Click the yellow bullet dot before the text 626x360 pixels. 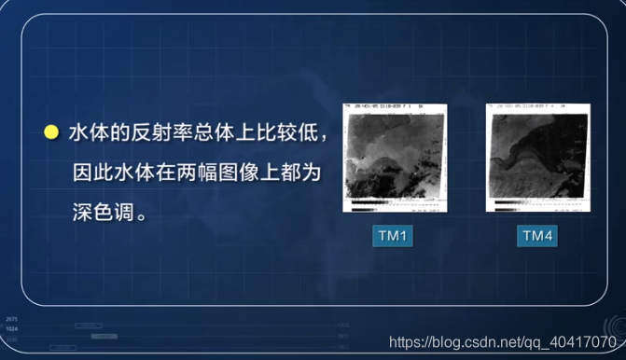pos(50,133)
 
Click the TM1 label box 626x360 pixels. pos(393,237)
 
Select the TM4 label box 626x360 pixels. pos(536,237)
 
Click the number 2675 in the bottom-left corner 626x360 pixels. pos(11,319)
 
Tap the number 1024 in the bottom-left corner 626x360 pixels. pos(11,328)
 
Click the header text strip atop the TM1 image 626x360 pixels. pos(395,107)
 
